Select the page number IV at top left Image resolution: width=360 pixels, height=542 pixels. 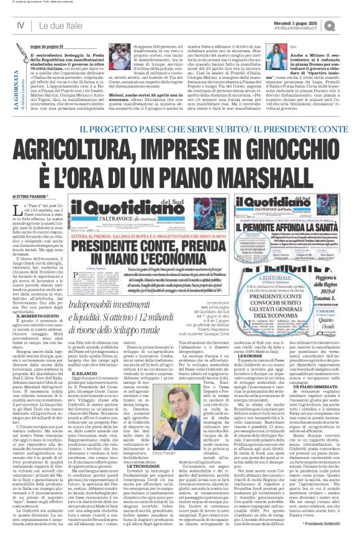tap(20, 25)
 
